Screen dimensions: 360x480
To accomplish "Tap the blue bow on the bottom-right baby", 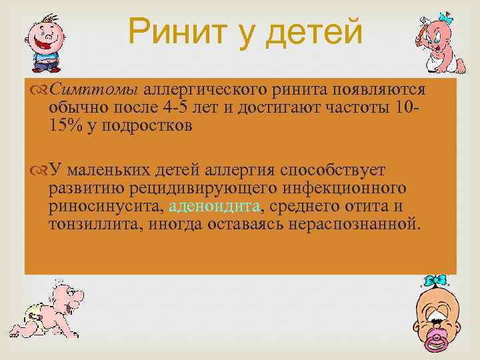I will pyautogui.click(x=436, y=281).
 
